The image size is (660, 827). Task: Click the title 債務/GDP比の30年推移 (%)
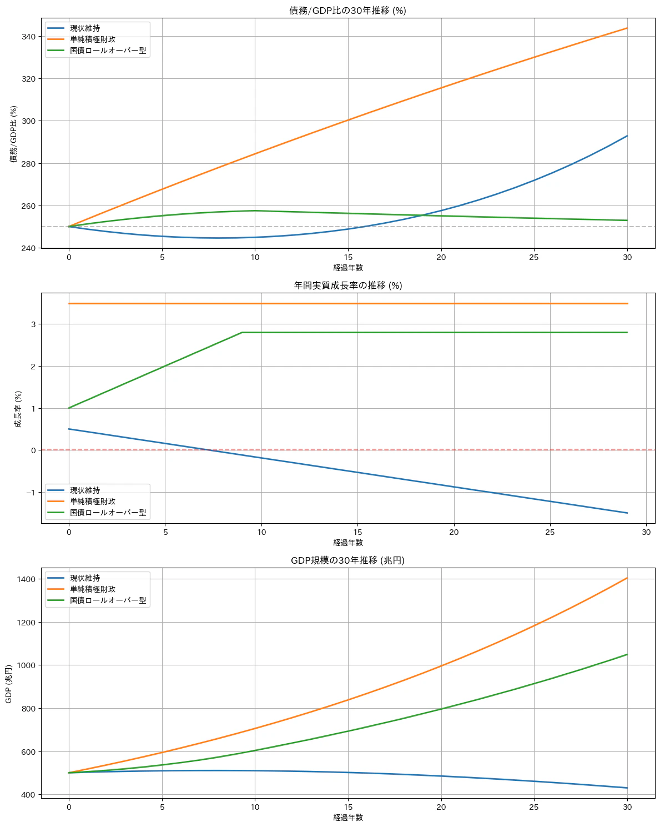(x=347, y=11)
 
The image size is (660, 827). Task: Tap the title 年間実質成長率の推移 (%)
(x=347, y=285)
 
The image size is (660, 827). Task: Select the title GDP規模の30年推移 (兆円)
(x=347, y=560)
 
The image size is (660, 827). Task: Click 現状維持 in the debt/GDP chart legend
(x=85, y=28)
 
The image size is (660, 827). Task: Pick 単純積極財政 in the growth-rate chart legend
(x=93, y=502)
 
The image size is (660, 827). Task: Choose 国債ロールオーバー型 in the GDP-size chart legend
(x=108, y=600)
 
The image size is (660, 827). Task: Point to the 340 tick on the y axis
(x=28, y=37)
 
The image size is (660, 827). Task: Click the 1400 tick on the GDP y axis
(x=26, y=579)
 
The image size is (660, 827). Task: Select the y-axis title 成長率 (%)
(x=18, y=409)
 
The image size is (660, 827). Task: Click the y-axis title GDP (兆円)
(x=9, y=684)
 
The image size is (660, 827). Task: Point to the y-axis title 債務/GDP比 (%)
(x=14, y=134)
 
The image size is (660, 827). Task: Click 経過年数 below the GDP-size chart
(x=348, y=818)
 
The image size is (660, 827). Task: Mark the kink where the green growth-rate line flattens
(x=242, y=333)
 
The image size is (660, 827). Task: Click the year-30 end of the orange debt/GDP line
(x=627, y=28)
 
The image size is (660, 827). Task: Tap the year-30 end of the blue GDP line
(x=627, y=788)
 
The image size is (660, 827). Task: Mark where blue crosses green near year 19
(x=422, y=215)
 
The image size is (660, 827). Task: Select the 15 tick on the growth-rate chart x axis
(x=358, y=532)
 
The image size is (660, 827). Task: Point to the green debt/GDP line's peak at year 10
(x=255, y=210)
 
